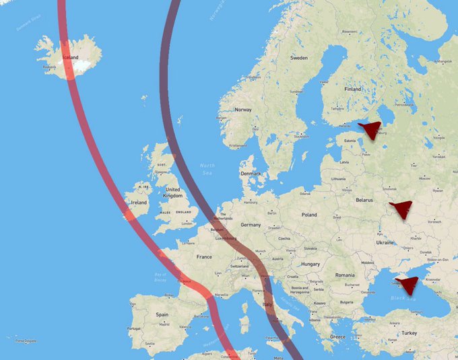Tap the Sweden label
[x=298, y=58]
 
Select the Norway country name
[x=242, y=110]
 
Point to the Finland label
[x=352, y=89]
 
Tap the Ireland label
[x=139, y=202]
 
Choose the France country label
[x=204, y=256]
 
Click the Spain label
[x=162, y=314]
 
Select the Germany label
[x=250, y=225]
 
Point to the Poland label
[x=308, y=215]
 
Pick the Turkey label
[x=409, y=332]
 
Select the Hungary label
[x=310, y=264]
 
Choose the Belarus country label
[x=364, y=201]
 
